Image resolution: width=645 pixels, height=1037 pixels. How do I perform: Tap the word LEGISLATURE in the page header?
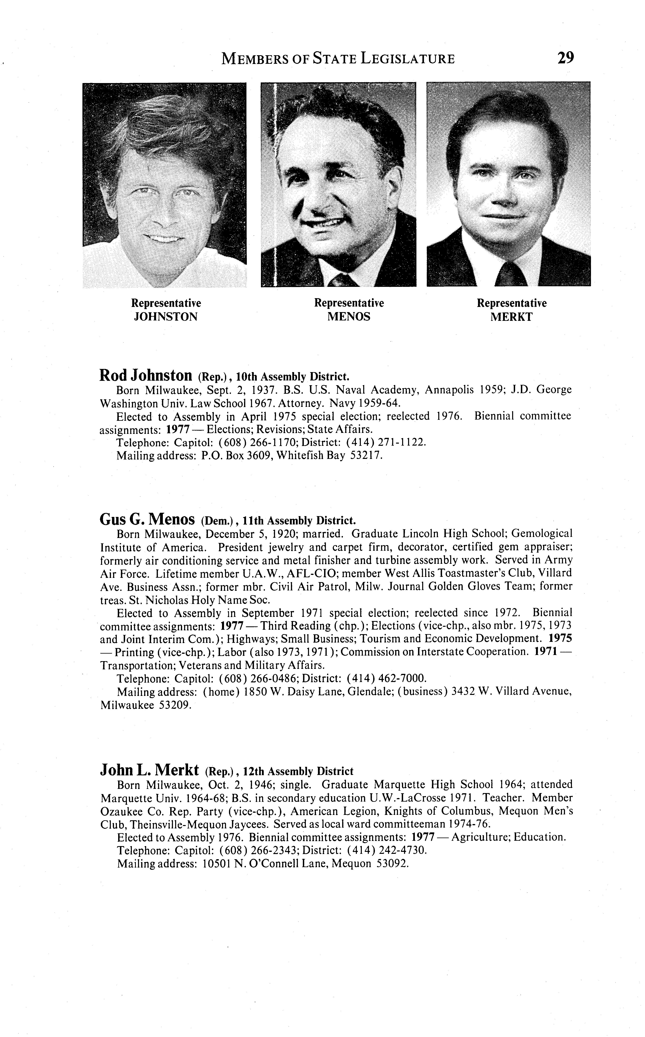[x=407, y=58]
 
